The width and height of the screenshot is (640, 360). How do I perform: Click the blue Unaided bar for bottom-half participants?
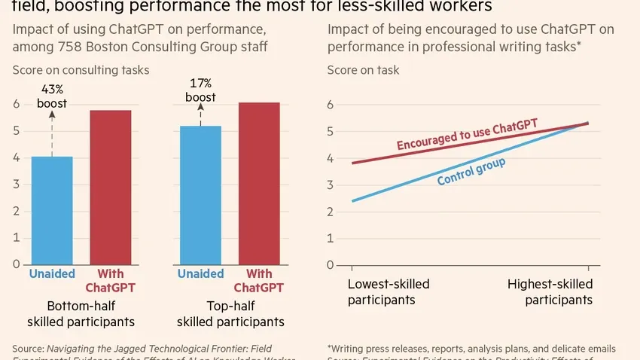coord(52,210)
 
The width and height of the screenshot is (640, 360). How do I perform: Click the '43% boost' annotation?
coord(52,96)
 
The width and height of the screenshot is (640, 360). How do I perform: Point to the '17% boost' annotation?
coord(201,90)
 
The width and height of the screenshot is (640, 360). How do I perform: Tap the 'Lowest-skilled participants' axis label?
coord(389,291)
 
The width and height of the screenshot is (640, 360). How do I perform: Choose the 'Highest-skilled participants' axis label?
coord(550,291)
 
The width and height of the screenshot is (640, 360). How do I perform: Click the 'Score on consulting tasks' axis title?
coord(81,70)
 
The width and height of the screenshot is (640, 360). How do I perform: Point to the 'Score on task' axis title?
coord(363,70)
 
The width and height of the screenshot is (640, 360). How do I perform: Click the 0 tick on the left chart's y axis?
coord(16,264)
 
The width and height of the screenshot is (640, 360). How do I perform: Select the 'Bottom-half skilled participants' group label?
coord(81,314)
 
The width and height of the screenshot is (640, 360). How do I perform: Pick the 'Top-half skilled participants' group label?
coord(230,314)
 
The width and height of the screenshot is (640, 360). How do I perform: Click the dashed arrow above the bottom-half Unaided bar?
coord(52,133)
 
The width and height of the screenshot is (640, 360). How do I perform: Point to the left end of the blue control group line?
coord(352,201)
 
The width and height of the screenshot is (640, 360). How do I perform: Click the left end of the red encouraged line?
coord(352,163)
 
